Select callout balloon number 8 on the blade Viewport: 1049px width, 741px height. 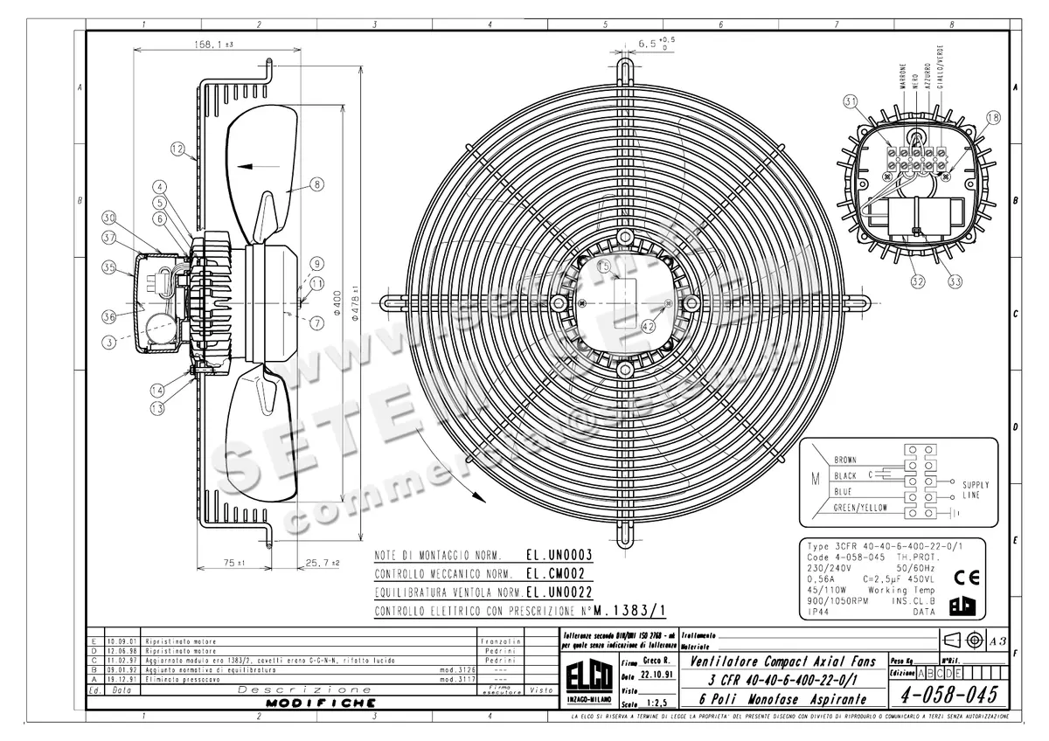click(x=316, y=184)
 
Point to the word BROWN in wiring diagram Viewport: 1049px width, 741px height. click(x=845, y=460)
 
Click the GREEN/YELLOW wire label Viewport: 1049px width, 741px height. click(x=860, y=507)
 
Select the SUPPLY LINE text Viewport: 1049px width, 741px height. click(x=976, y=489)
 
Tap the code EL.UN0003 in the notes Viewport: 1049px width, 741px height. click(x=559, y=555)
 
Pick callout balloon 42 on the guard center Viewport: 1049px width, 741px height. click(x=649, y=326)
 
